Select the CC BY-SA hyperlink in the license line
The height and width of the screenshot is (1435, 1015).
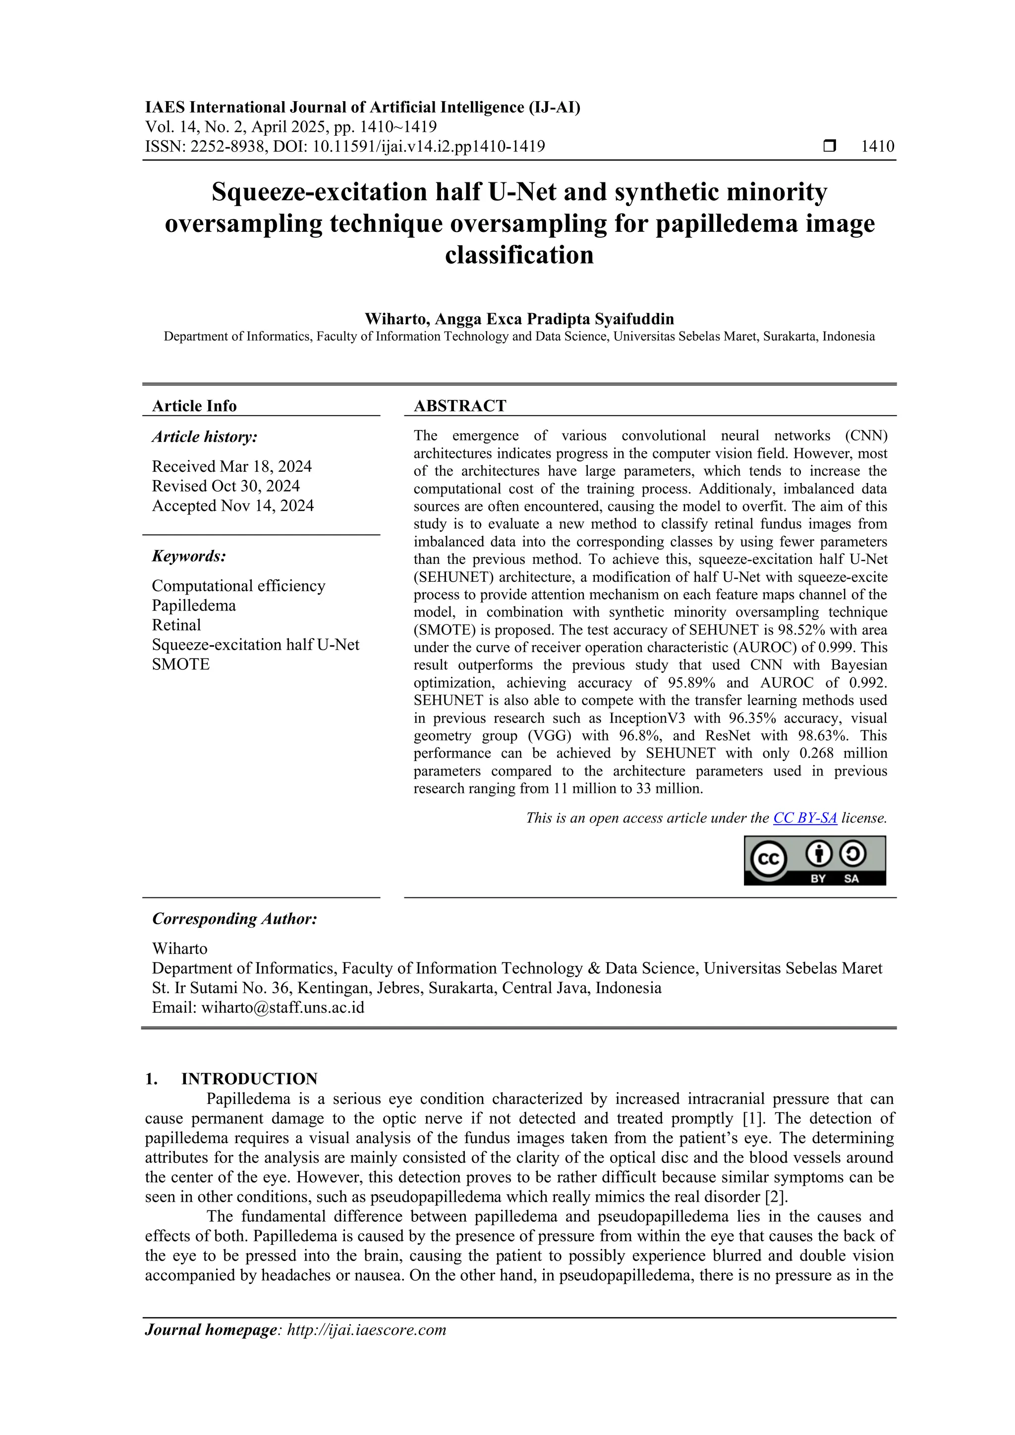coord(804,818)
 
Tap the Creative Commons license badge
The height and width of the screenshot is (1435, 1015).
coord(814,860)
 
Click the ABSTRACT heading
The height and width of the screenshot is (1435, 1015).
coord(459,406)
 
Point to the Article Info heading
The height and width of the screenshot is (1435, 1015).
coord(194,406)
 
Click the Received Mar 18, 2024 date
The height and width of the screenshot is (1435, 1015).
coord(231,466)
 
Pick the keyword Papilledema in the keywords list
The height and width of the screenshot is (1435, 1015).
coord(194,605)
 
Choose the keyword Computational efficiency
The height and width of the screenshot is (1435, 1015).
coord(238,586)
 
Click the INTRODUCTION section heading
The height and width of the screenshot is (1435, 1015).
coord(249,1079)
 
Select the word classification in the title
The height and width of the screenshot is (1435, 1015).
coord(519,255)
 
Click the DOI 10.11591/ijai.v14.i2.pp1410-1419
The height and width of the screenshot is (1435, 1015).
coord(428,146)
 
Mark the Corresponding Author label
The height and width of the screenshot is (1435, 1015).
coord(234,919)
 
